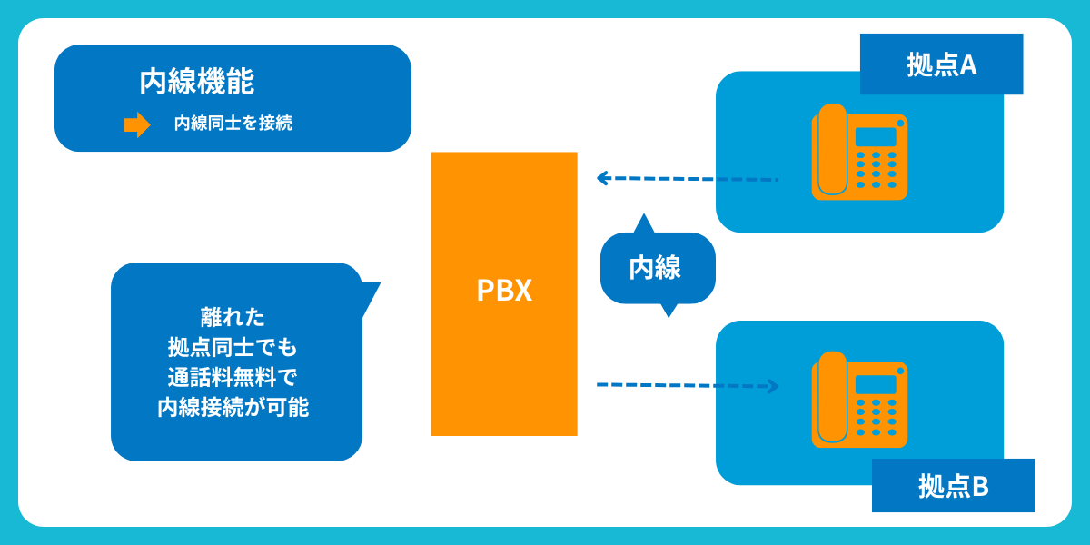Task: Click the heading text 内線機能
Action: [x=196, y=82]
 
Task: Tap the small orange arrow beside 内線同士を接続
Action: [x=136, y=124]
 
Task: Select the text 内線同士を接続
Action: [x=233, y=124]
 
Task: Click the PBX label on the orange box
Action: [x=504, y=291]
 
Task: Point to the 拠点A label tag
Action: [x=941, y=64]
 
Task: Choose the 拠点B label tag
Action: [x=953, y=487]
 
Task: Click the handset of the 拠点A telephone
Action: [x=832, y=150]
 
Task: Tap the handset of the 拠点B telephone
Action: [x=832, y=399]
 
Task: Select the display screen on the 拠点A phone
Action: [x=876, y=136]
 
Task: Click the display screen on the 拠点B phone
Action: [x=876, y=384]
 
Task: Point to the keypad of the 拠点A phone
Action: [x=877, y=169]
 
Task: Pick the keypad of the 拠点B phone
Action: [x=877, y=417]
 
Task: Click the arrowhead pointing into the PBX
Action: [x=602, y=178]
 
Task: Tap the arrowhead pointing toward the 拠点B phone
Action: [x=773, y=386]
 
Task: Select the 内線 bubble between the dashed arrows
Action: [x=657, y=268]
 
